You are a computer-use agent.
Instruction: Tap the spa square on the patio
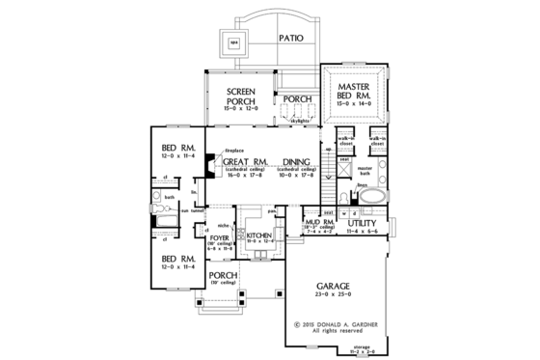[x=233, y=42]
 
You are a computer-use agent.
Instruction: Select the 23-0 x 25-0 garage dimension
[x=337, y=297]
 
